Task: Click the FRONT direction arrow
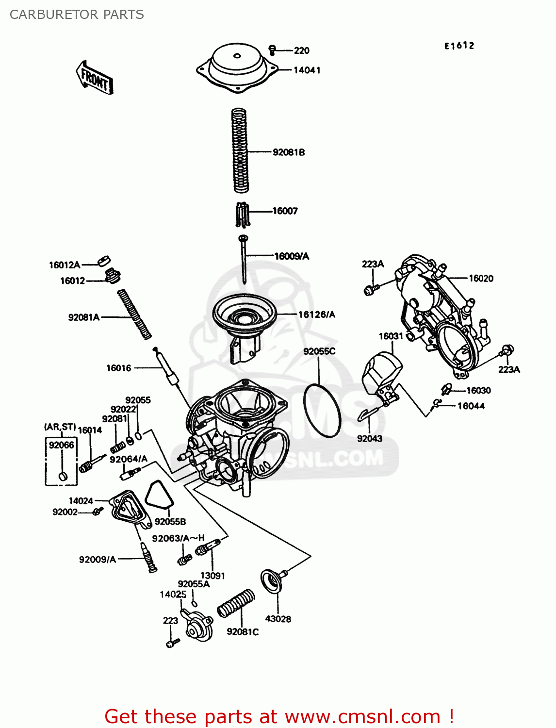coord(95,78)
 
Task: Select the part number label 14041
coord(307,70)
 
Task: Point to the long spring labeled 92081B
coord(240,150)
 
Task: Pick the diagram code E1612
coord(459,46)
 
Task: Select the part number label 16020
coord(481,279)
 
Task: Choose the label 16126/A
coord(316,314)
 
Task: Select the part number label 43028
coord(278,619)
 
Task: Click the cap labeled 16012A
coord(104,261)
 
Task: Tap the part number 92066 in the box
coord(62,445)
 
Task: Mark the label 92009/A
coord(97,560)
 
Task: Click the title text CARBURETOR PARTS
coord(77,15)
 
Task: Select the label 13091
coord(213,576)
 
